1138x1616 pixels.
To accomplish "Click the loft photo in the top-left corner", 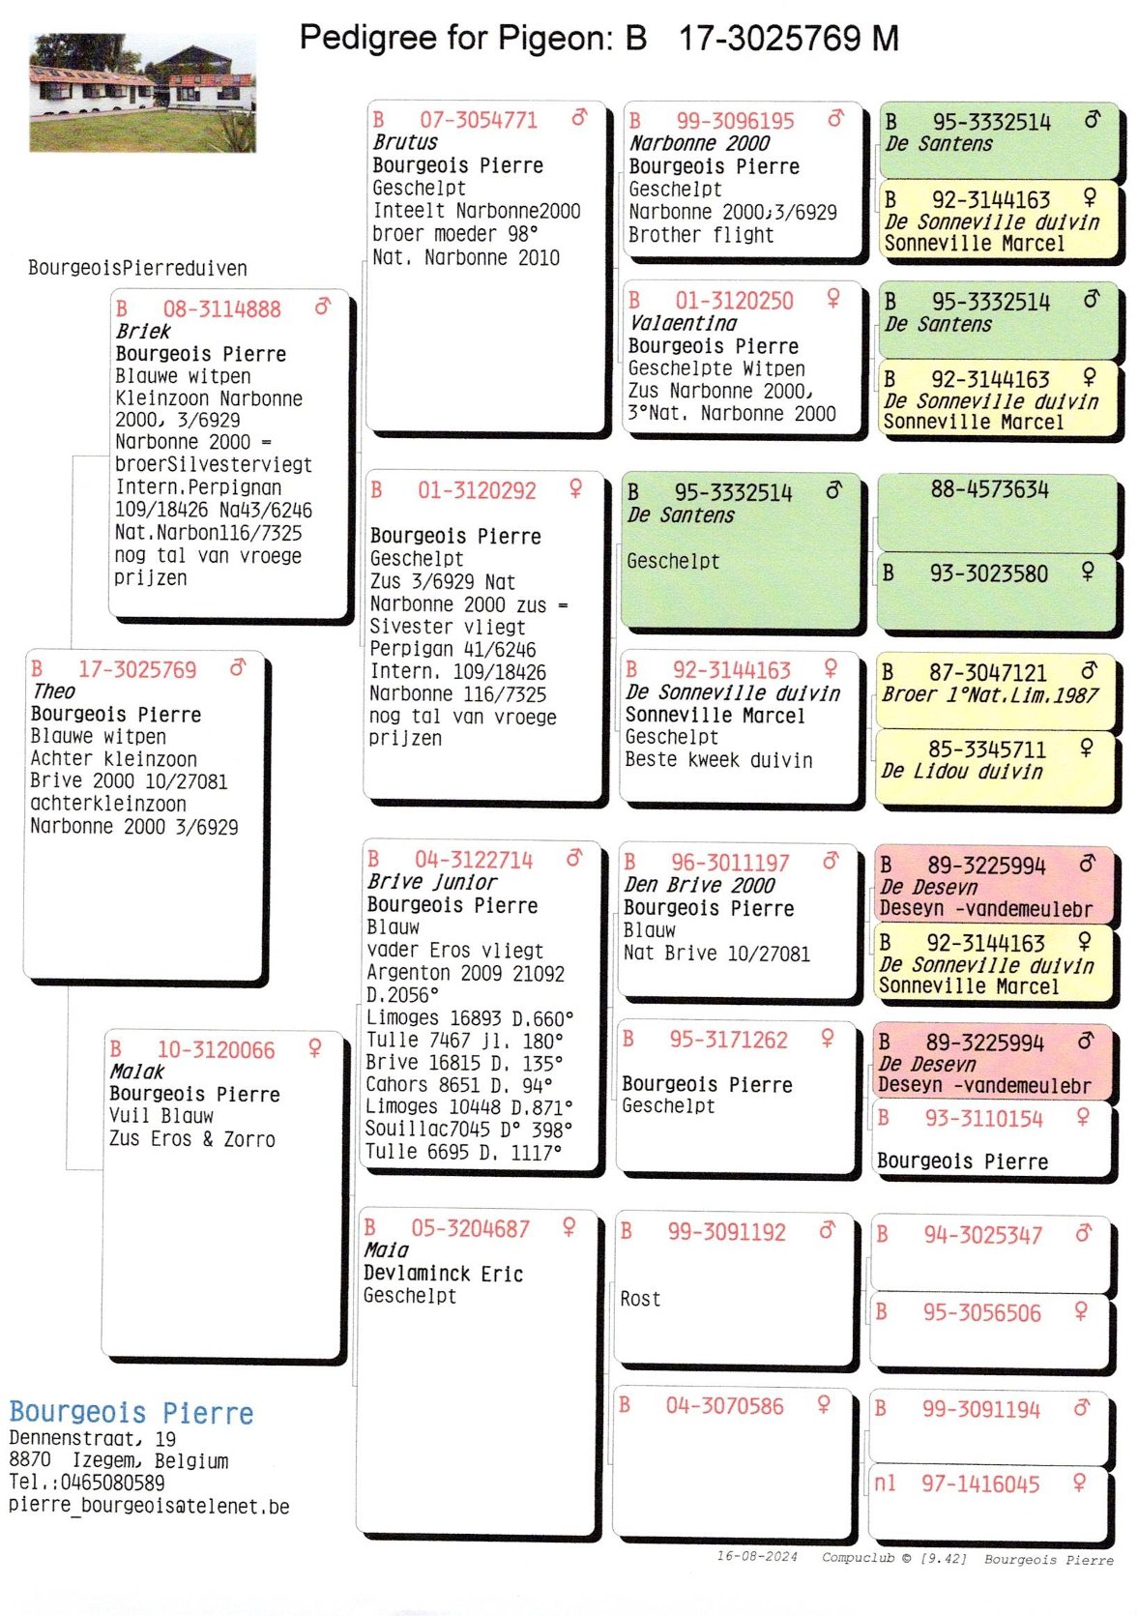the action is click(143, 93).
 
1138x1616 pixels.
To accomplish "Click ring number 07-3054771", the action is click(478, 120).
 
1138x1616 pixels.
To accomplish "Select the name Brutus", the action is click(405, 142).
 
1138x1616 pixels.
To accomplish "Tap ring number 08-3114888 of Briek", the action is click(221, 309).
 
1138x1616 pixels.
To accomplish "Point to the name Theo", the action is click(53, 691).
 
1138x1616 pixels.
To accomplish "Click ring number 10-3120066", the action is click(216, 1049).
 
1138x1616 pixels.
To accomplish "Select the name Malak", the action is click(136, 1072).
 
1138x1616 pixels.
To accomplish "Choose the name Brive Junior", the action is click(431, 882).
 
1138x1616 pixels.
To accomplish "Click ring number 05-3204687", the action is click(470, 1228).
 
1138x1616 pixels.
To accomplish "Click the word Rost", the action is click(640, 1299).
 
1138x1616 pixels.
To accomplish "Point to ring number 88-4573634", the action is click(989, 489).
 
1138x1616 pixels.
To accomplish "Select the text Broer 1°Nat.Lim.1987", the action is click(989, 694).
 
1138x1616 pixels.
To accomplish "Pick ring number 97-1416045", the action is click(980, 1484).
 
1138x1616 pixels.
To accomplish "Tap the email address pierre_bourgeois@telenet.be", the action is click(149, 1505).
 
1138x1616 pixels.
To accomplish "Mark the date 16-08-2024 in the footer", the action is click(757, 1556).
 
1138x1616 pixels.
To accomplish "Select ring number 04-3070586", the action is click(724, 1406).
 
